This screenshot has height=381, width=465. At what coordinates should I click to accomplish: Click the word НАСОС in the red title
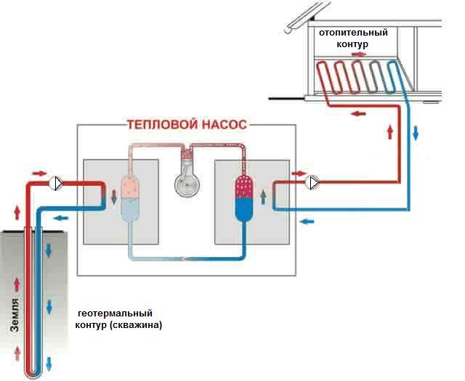pos(225,124)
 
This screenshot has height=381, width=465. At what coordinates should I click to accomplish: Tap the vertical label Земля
pos(15,315)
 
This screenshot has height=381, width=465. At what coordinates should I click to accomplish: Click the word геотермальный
pos(115,314)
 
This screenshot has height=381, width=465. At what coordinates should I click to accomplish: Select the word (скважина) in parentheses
pos(136,325)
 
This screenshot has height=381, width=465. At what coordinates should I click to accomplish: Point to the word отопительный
pos(353,32)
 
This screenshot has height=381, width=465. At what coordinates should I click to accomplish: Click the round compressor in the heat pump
pos(187,184)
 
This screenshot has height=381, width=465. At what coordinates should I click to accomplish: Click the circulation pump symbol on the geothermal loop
pos(55,184)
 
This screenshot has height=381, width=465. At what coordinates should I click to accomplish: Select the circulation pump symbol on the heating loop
pos(312,183)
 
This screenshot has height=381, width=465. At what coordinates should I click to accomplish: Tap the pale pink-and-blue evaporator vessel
pos(130,197)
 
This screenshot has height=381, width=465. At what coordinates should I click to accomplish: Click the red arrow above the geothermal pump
pos(39,173)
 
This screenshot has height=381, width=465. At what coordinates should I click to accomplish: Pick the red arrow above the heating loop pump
pos(299,173)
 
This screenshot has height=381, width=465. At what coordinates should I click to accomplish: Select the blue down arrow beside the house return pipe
pos(416,133)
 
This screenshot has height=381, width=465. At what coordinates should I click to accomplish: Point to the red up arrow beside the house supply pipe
pos(390,132)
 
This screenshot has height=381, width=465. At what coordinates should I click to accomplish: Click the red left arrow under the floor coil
pos(358,113)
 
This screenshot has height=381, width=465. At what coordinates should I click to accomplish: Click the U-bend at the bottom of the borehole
pos(33,374)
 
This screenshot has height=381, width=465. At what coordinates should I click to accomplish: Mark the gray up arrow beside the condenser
pos(263,197)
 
